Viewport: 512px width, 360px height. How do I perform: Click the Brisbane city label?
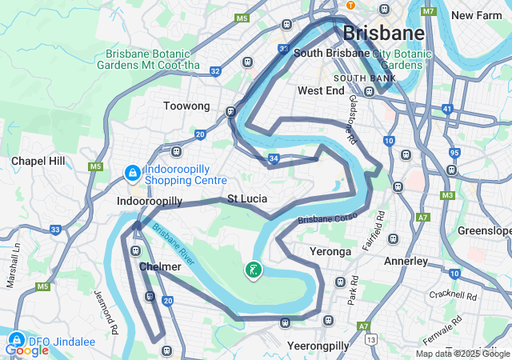point(383,33)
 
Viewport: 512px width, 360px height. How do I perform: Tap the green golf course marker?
point(253,270)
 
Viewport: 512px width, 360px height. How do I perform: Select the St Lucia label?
point(247,198)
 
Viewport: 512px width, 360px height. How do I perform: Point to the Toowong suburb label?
point(186,106)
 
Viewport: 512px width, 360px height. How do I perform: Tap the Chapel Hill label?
point(38,161)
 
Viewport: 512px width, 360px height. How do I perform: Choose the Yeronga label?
point(330,251)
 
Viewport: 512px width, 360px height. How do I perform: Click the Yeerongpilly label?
point(318,346)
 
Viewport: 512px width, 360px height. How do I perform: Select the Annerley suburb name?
point(406,261)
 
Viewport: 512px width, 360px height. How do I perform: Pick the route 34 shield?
point(274,159)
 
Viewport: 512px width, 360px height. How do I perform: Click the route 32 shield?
point(215,71)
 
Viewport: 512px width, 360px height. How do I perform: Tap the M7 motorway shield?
point(429,11)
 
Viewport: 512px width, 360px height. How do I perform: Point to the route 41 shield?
point(448,107)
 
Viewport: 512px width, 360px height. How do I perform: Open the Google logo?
point(26,350)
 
